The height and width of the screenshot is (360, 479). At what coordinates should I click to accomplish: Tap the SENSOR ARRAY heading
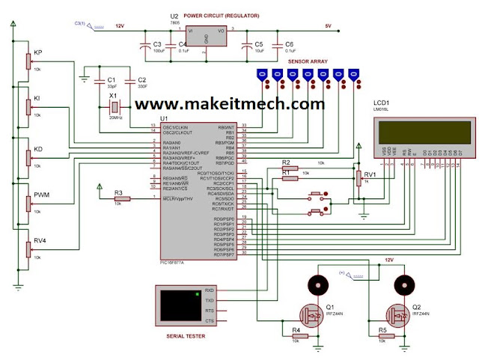308,61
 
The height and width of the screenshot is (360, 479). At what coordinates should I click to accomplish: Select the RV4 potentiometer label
38,241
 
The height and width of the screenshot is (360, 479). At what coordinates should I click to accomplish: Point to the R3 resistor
122,198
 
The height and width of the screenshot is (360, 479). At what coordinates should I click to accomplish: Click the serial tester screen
174,306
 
